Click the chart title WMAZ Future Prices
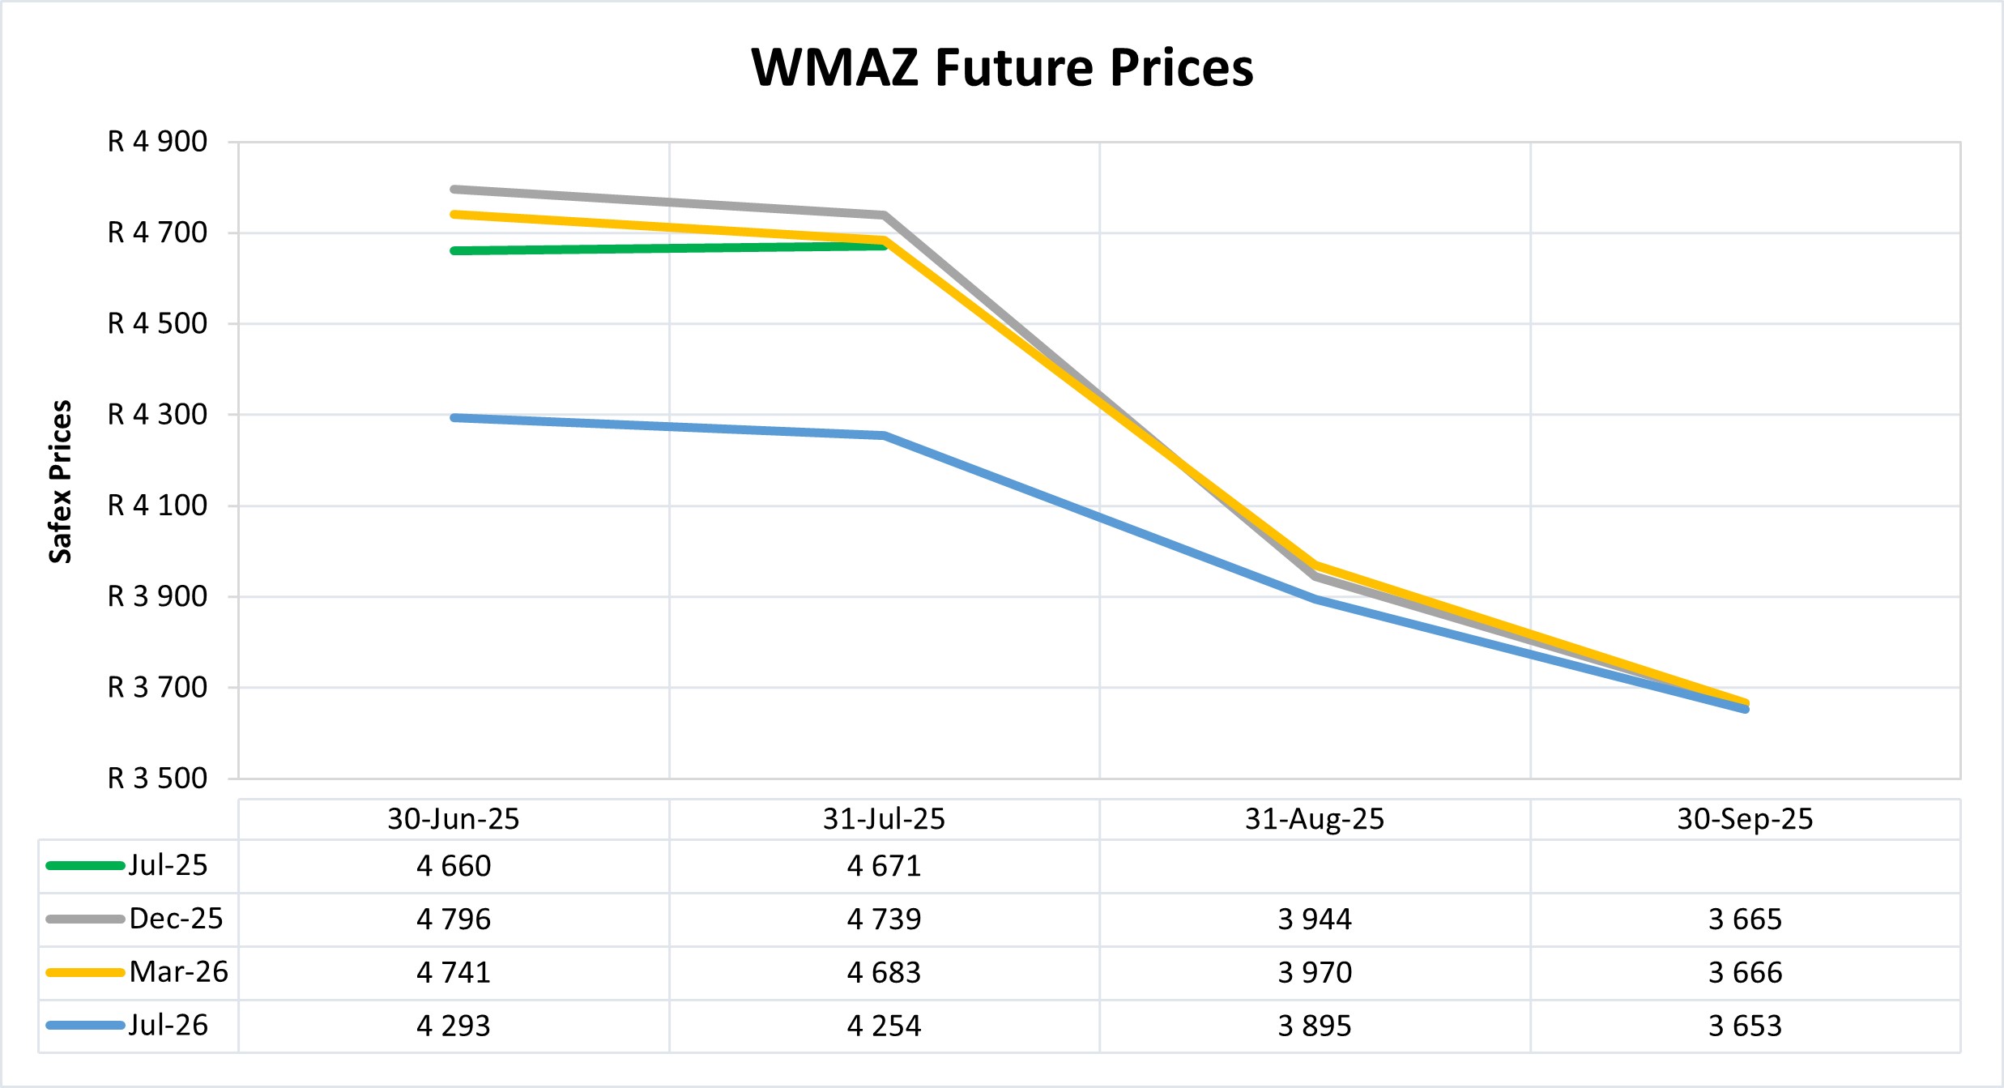click(1002, 67)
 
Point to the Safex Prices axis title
click(61, 481)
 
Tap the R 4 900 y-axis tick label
click(157, 142)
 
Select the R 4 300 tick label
click(157, 415)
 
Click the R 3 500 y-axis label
click(157, 779)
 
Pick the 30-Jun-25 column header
click(453, 819)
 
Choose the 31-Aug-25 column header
click(1314, 819)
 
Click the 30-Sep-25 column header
click(1745, 819)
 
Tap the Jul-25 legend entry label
click(168, 865)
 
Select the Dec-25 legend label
click(176, 919)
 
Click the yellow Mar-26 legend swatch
click(85, 972)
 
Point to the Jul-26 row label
click(168, 1026)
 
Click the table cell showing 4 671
click(884, 866)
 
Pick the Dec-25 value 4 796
click(453, 919)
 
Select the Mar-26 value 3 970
click(1314, 972)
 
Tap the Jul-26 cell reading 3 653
click(1745, 1026)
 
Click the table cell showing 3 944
click(1314, 919)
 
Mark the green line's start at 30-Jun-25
click(454, 251)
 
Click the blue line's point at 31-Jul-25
click(885, 436)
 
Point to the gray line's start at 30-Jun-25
click(454, 190)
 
